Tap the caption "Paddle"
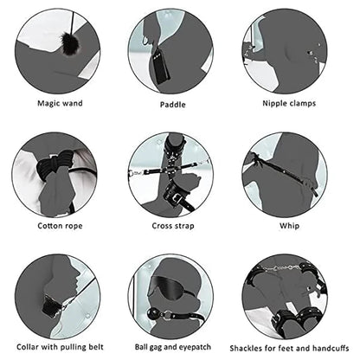tap(172, 105)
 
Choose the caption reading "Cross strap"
tap(172, 226)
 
